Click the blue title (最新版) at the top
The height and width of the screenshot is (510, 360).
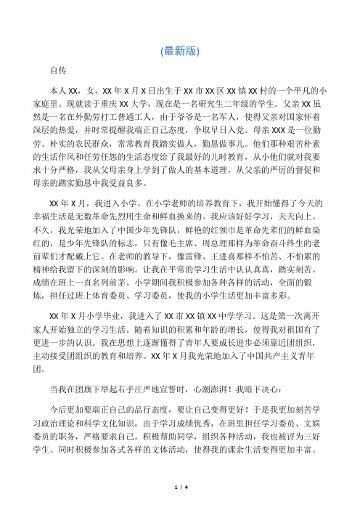point(180,50)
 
